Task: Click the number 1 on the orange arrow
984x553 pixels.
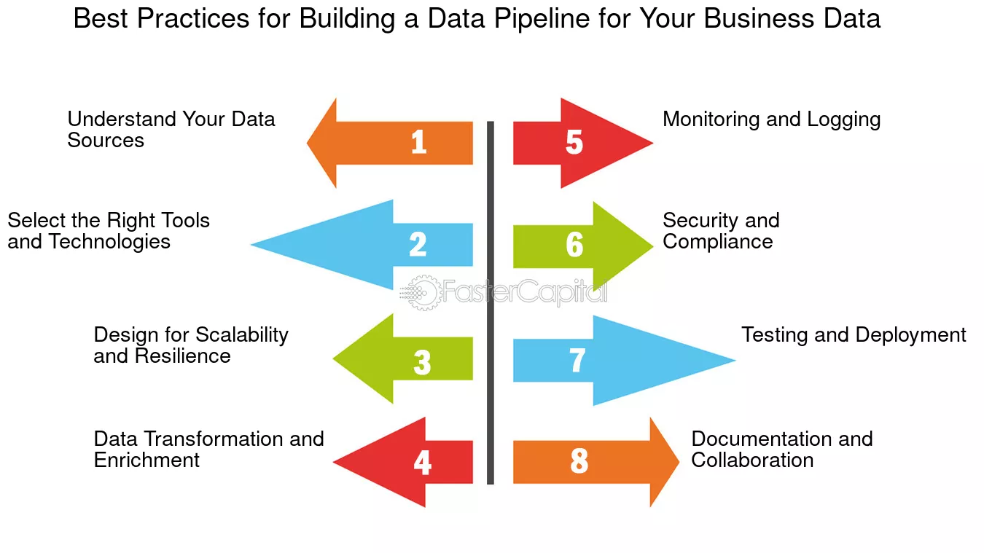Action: (418, 142)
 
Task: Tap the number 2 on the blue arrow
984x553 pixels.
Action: (418, 244)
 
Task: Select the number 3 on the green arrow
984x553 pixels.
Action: (422, 362)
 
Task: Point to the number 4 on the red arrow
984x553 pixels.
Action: (423, 463)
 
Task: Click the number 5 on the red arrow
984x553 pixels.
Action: (574, 142)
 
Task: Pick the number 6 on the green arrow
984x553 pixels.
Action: (574, 244)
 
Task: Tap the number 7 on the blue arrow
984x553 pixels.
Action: (577, 360)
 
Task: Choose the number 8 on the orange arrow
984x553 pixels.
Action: (579, 460)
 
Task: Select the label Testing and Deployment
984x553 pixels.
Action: (854, 335)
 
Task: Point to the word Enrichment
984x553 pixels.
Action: (147, 460)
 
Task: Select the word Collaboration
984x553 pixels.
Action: (752, 460)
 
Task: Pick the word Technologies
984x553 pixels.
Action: (109, 242)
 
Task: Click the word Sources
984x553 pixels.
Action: (106, 140)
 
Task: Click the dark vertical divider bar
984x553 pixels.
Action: (491, 302)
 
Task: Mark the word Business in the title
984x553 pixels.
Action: (759, 18)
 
